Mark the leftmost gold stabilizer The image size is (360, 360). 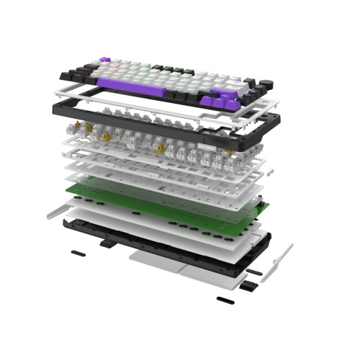(78, 130)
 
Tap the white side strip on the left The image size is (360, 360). (58, 211)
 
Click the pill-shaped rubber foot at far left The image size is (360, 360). (76, 253)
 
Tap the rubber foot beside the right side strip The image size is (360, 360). (254, 272)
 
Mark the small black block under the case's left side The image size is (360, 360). (106, 243)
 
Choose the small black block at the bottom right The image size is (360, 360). (248, 287)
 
